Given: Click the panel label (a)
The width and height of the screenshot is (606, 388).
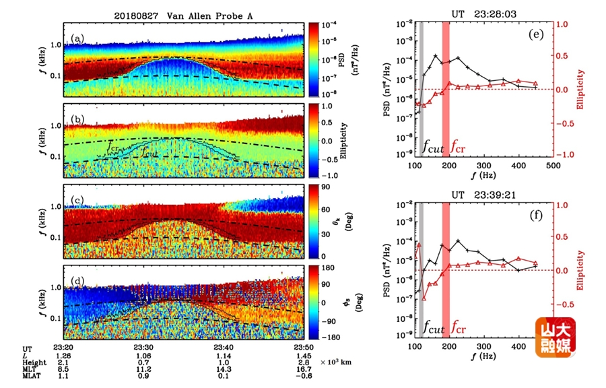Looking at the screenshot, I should pos(78,38).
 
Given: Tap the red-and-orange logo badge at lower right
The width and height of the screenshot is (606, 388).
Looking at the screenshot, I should pos(555,337).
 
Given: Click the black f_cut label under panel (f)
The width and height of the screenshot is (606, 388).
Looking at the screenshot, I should pos(433,329).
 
